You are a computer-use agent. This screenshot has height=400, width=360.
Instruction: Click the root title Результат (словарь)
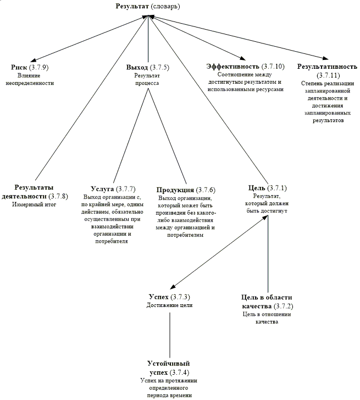click(x=148, y=7)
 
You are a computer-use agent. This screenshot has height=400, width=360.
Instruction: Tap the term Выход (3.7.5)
click(x=147, y=67)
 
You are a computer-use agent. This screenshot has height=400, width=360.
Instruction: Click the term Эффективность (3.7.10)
click(x=245, y=67)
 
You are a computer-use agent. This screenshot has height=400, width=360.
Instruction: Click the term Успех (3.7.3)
click(x=169, y=297)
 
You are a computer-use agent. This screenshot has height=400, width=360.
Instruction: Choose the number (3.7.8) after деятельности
click(x=58, y=196)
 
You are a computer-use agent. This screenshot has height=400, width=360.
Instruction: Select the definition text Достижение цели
click(x=169, y=305)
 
